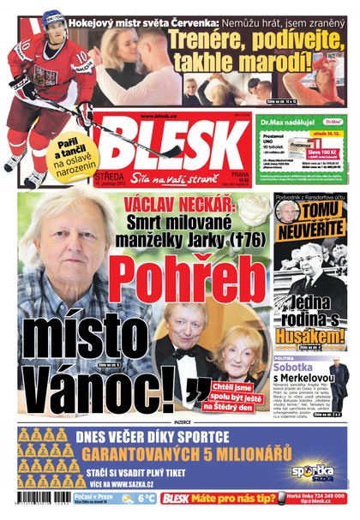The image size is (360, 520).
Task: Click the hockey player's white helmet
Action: (x=53, y=19)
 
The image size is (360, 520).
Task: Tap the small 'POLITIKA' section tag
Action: (x=285, y=357)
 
